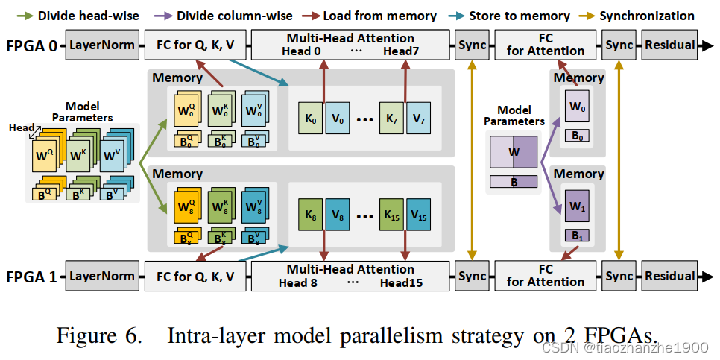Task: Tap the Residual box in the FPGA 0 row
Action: [x=669, y=45]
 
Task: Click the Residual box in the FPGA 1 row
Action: [x=669, y=276]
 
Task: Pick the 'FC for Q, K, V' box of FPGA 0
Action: [x=195, y=45]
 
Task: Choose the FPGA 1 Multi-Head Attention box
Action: [x=350, y=276]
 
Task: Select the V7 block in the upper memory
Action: [x=417, y=119]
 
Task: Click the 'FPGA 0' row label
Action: [x=31, y=45]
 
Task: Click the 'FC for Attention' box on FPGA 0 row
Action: [x=546, y=45]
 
